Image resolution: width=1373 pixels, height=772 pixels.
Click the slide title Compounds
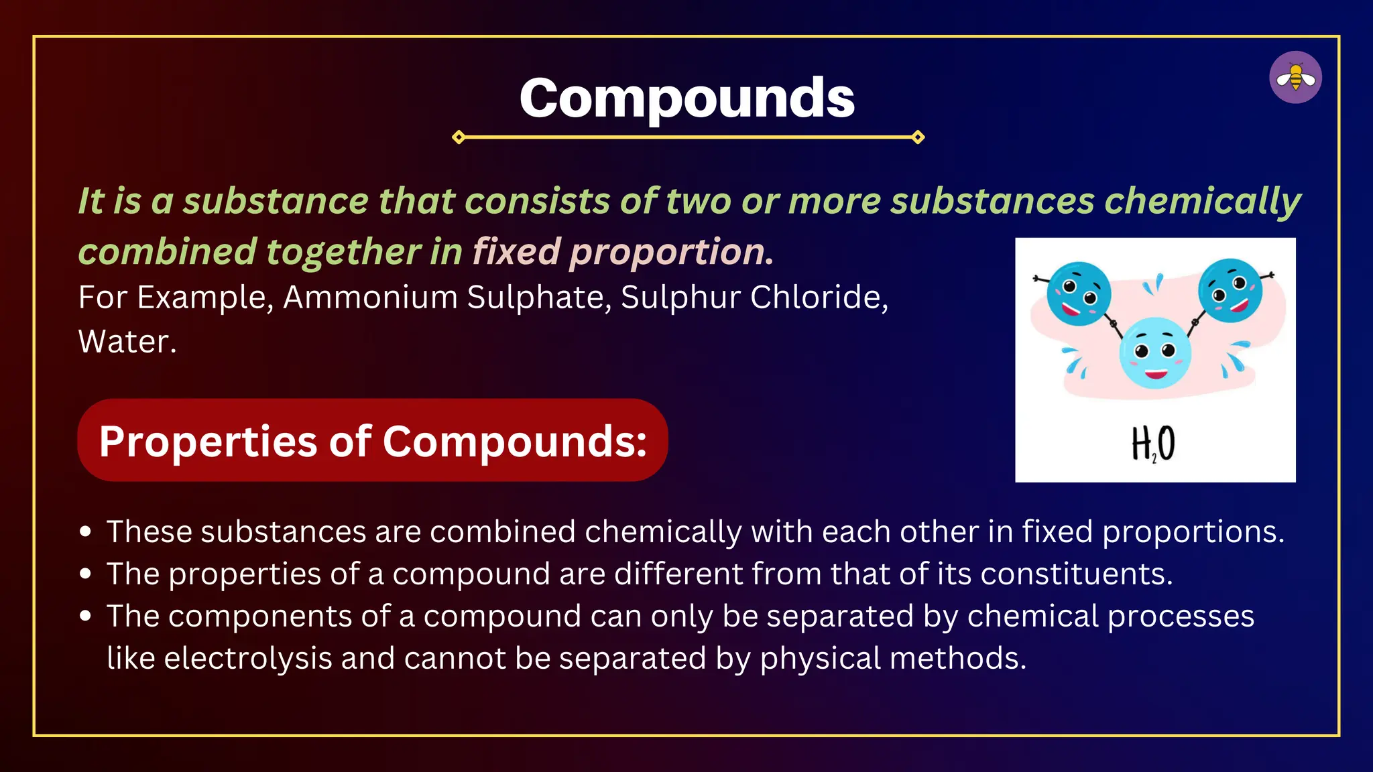[686, 99]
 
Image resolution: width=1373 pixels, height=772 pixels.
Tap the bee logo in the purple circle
[1295, 78]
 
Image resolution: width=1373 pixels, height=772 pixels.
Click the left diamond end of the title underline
[459, 137]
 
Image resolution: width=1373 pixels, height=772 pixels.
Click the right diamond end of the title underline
[918, 137]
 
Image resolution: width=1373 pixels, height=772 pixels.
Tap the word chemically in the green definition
[1203, 201]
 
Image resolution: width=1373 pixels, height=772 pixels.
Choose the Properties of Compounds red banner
[373, 440]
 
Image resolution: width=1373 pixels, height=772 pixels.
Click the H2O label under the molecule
[1153, 444]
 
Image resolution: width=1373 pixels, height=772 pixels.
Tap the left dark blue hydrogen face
[1079, 294]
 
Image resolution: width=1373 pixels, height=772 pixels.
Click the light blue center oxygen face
[1154, 352]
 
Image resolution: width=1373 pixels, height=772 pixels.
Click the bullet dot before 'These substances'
[85, 532]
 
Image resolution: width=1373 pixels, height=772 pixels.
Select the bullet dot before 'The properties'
[85, 574]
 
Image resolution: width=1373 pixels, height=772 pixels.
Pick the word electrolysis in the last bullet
[248, 659]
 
